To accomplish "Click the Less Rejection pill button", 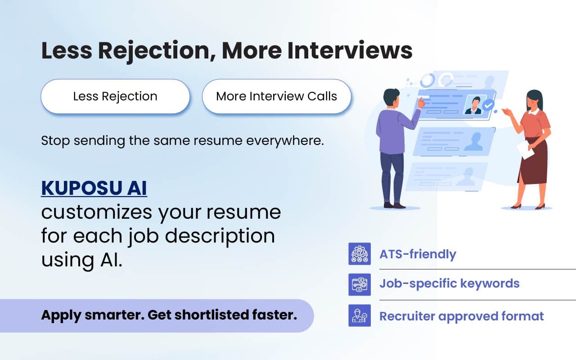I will pyautogui.click(x=115, y=96).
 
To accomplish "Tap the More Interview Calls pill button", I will pyautogui.click(x=276, y=96).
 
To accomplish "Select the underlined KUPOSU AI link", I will pyautogui.click(x=94, y=189).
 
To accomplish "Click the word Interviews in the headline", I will pyautogui.click(x=350, y=51).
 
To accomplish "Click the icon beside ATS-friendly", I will pyautogui.click(x=360, y=254).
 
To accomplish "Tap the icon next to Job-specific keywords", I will pyautogui.click(x=360, y=284).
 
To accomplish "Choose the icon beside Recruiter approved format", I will pyautogui.click(x=360, y=315).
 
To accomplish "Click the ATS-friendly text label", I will pyautogui.click(x=418, y=254).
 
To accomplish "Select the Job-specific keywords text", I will pyautogui.click(x=449, y=283).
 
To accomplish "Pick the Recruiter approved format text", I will pyautogui.click(x=461, y=316).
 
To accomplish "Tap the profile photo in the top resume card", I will pyautogui.click(x=473, y=105).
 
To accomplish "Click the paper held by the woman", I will pyautogui.click(x=525, y=150).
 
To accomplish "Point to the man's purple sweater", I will pyautogui.click(x=393, y=130).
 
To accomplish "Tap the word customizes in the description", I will pyautogui.click(x=98, y=212).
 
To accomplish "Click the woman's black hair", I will pyautogui.click(x=535, y=98).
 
